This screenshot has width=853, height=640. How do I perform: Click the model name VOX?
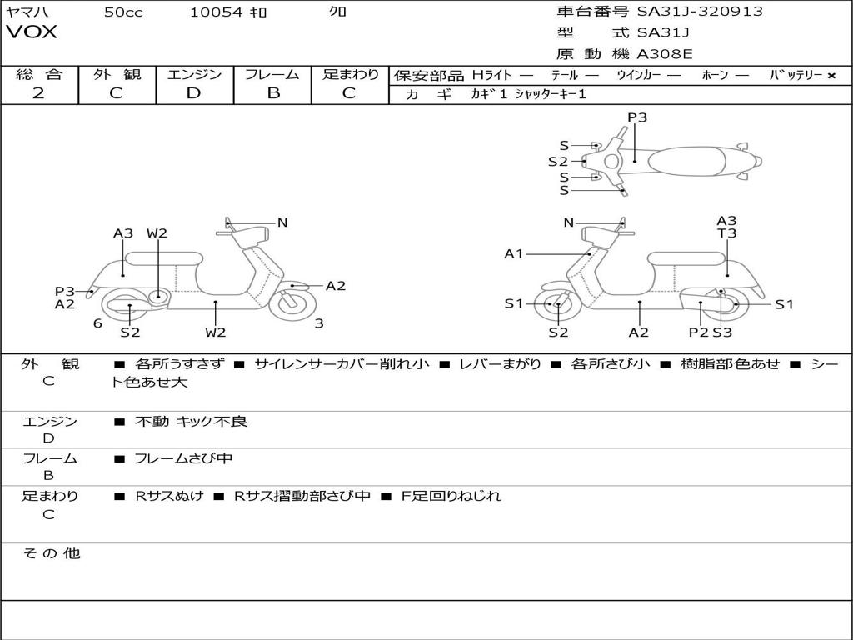click(x=32, y=32)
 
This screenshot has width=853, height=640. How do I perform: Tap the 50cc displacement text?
click(x=123, y=12)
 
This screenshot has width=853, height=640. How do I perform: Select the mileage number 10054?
click(x=216, y=12)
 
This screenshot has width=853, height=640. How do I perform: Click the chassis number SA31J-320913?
click(x=700, y=12)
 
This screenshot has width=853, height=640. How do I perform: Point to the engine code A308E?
click(x=665, y=54)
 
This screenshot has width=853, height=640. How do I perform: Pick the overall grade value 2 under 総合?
click(x=38, y=93)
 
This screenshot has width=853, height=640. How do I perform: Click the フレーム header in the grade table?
click(x=272, y=75)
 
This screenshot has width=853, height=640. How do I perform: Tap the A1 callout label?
click(x=514, y=253)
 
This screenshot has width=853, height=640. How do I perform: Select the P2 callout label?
click(x=698, y=332)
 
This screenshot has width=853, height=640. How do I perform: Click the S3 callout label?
click(x=722, y=332)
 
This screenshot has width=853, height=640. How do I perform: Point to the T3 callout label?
click(x=726, y=234)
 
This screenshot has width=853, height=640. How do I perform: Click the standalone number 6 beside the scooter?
click(x=97, y=323)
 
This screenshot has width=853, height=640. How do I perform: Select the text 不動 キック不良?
click(x=191, y=422)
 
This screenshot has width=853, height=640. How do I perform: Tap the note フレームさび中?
click(x=183, y=458)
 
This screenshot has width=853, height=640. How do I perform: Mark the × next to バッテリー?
click(x=831, y=76)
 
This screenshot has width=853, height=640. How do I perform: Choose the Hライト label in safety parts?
click(x=491, y=75)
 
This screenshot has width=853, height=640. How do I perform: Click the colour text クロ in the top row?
click(x=337, y=12)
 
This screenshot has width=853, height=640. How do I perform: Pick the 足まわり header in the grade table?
click(x=350, y=75)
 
